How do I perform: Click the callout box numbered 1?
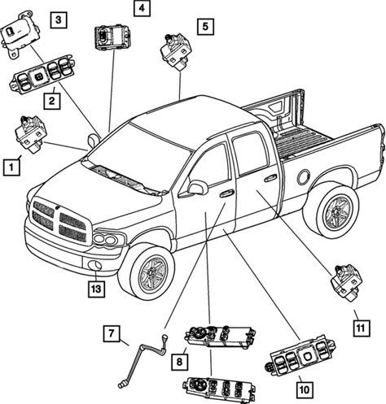coord(11,167)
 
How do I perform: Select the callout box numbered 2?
coord(52,101)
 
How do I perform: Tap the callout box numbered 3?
coord(59,20)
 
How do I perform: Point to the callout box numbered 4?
coord(142,8)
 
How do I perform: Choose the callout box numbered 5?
coord(205,27)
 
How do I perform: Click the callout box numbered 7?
coord(112,333)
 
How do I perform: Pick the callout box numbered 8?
coord(179,362)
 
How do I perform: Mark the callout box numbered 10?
coord(305,389)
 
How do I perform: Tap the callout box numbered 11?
coord(362,328)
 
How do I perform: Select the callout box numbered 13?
coord(96,289)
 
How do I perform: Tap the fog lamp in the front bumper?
coord(95,265)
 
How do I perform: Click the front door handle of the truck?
coord(226,193)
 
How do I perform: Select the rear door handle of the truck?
coord(270,177)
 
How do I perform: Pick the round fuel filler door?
coord(304,177)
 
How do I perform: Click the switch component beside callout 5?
coord(177,52)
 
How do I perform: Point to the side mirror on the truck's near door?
coord(198,188)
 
